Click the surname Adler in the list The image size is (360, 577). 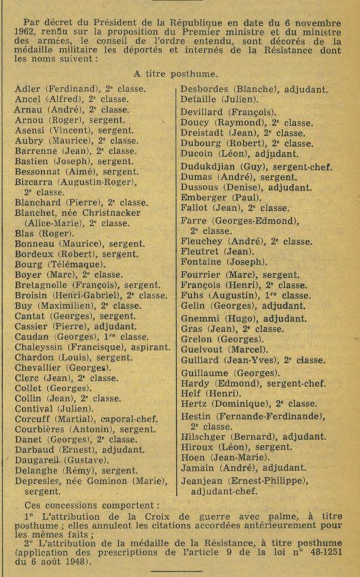click(x=27, y=90)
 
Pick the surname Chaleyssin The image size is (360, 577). click(x=40, y=347)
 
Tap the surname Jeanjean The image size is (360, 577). click(x=202, y=480)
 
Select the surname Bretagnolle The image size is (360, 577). click(x=44, y=285)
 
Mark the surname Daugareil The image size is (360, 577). click(x=38, y=460)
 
